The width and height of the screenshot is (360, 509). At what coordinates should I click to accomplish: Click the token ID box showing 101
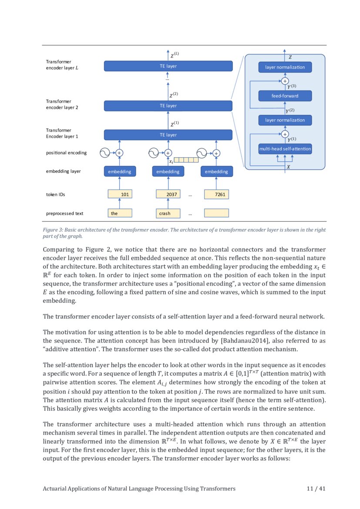[x=120, y=194]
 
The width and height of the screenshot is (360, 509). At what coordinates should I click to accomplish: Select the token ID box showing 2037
[x=168, y=194]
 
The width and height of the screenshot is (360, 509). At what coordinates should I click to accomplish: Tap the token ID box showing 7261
[x=216, y=194]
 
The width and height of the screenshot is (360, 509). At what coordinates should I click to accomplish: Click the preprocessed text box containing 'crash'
[x=168, y=213]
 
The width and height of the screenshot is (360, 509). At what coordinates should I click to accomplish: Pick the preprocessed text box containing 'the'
[x=120, y=213]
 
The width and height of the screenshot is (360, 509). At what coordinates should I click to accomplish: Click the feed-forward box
[x=285, y=96]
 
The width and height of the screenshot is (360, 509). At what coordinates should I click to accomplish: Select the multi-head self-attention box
[x=285, y=149]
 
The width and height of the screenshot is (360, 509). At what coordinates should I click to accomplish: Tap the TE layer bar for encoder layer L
[x=168, y=66]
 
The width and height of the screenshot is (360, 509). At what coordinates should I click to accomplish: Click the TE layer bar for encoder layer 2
[x=168, y=106]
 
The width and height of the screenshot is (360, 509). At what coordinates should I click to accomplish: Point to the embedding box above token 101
[x=120, y=172]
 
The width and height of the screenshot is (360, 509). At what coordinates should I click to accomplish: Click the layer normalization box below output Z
[x=285, y=67]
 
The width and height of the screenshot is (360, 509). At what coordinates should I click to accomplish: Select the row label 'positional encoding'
[x=66, y=153]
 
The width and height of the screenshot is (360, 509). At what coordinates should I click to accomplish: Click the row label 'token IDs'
[x=55, y=195]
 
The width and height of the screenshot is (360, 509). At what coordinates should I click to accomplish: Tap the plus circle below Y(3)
[x=285, y=81]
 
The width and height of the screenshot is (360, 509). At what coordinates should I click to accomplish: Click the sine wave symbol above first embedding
[x=105, y=153]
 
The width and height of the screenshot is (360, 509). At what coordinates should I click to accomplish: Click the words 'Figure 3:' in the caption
[x=53, y=229]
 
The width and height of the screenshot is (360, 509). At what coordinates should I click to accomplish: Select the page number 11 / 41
[x=316, y=489]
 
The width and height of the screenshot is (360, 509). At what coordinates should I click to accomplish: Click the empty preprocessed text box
[x=216, y=213]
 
